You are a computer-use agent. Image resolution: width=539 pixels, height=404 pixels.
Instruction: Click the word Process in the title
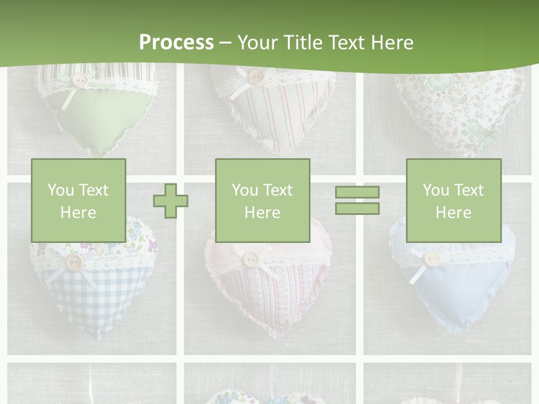click(x=176, y=43)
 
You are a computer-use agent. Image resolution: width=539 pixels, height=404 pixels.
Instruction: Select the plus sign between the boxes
click(x=171, y=200)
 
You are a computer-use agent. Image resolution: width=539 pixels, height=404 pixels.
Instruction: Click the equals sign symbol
click(x=357, y=200)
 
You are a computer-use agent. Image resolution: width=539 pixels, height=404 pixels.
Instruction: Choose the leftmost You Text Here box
click(x=79, y=200)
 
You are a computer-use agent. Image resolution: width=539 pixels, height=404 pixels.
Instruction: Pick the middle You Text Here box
click(x=262, y=200)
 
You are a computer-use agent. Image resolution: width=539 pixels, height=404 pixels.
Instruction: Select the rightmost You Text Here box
click(x=453, y=200)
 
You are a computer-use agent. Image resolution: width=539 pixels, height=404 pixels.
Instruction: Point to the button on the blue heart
click(x=431, y=259)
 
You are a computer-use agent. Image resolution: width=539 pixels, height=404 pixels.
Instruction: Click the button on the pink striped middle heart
click(x=250, y=258)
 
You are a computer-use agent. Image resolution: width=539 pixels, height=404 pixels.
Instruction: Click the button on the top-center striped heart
click(x=255, y=76)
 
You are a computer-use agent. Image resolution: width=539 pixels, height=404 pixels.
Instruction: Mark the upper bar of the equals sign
click(x=357, y=192)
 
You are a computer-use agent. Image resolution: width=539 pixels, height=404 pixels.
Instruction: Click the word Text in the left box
click(x=94, y=190)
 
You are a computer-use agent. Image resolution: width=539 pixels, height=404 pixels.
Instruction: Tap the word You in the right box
click(x=436, y=190)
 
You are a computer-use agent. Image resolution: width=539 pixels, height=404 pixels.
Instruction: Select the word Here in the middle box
click(x=262, y=213)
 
